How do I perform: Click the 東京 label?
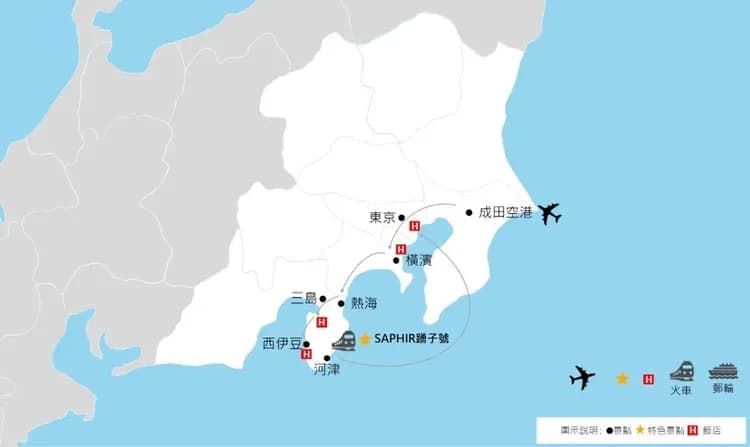[x=381, y=217]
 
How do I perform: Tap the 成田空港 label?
[x=505, y=212]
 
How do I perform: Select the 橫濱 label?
[x=419, y=260]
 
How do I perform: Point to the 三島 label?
[x=303, y=298]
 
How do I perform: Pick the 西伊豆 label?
[x=281, y=344]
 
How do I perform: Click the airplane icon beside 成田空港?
[x=549, y=213]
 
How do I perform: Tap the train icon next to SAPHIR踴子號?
[x=343, y=339]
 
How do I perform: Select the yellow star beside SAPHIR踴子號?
[x=365, y=339]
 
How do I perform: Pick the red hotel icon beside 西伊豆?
[x=305, y=353]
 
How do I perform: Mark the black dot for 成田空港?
[x=468, y=212]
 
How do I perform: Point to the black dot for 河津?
[x=328, y=358]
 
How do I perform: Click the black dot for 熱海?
[x=342, y=302]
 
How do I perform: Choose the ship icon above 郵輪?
[x=723, y=369]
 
